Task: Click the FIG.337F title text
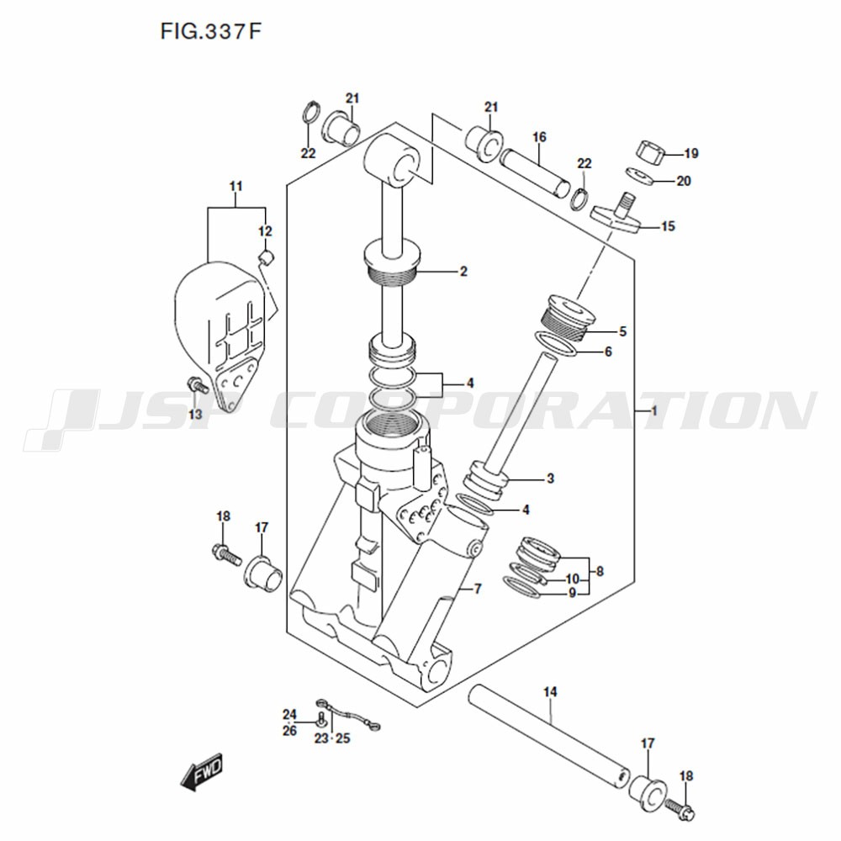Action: point(211,32)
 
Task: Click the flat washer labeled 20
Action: point(639,176)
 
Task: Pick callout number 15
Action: point(668,226)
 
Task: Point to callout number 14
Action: point(550,692)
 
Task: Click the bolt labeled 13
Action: point(198,385)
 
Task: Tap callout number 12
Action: point(265,231)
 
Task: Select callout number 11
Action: point(236,186)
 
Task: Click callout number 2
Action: point(463,272)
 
